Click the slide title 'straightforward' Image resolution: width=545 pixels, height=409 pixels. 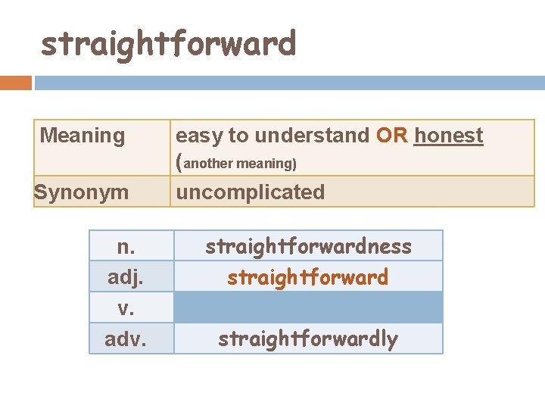168,44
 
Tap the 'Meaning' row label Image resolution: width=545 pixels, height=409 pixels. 83,136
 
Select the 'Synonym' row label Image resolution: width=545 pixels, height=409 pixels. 82,192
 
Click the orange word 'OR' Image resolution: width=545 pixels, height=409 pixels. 392,136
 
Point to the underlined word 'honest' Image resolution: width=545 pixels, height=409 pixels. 448,136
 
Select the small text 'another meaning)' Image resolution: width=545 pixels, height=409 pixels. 240,164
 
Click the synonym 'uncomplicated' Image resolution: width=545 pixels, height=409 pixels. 250,192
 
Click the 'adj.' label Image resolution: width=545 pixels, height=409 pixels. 126,277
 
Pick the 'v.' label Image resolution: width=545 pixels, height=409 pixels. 126,308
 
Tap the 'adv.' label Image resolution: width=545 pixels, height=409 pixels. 126,339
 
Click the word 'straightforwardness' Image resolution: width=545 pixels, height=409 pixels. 308,246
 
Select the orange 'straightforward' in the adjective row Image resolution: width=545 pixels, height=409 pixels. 308,277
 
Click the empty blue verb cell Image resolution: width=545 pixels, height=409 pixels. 308,308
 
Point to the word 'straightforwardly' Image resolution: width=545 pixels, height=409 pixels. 308,339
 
